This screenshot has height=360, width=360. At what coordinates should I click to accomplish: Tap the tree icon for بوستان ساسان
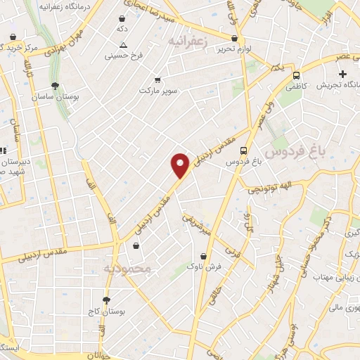tap(56, 86)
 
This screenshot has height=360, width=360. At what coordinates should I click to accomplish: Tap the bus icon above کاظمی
tap(296, 75)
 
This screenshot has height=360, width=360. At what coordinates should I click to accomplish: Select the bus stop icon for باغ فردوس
tap(243, 150)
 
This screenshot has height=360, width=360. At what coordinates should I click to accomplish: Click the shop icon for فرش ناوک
tap(204, 256)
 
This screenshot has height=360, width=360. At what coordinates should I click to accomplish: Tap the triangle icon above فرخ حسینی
tap(124, 44)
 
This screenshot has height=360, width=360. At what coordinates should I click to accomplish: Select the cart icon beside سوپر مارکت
tap(157, 79)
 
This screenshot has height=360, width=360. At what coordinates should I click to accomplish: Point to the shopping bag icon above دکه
tap(123, 19)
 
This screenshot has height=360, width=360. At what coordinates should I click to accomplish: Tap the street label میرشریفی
tap(198, 224)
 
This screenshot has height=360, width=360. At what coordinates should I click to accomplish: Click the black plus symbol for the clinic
tap(342, 74)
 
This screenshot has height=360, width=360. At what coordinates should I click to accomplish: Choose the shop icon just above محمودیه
tap(136, 246)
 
